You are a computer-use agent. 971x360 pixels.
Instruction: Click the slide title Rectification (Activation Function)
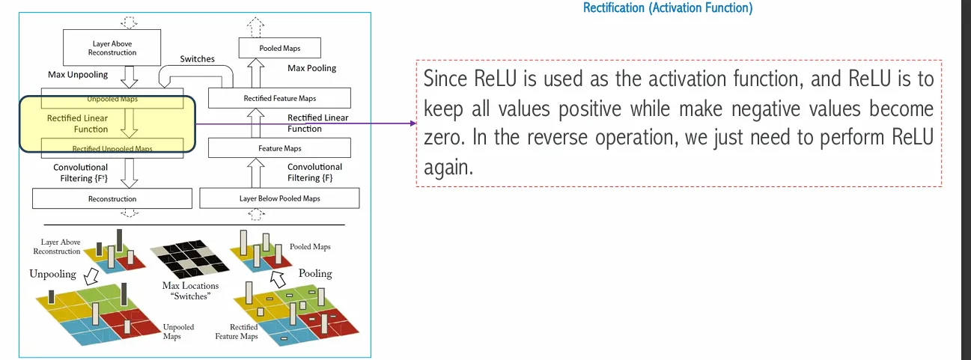667,8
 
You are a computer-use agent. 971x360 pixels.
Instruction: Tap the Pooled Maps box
280,49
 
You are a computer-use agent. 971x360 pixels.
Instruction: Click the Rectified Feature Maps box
279,98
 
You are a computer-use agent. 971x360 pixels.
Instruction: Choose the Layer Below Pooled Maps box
279,198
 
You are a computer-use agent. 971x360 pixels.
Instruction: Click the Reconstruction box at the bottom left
112,198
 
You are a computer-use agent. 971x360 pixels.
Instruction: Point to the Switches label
197,59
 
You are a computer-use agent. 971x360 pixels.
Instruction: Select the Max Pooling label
312,68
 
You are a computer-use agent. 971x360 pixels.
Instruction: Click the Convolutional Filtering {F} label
314,172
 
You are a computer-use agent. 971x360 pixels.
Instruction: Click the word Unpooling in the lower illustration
53,274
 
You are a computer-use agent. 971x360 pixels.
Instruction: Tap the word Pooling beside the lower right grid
315,273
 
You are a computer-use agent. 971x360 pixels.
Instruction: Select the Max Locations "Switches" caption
191,290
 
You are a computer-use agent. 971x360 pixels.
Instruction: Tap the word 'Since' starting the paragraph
445,79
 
